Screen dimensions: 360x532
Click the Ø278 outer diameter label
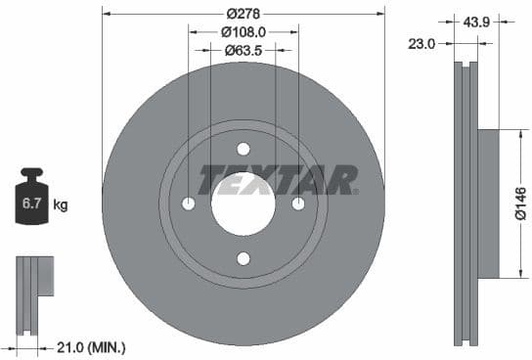[244, 14]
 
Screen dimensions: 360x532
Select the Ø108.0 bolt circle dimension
[244, 31]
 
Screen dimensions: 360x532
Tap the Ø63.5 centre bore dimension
[244, 50]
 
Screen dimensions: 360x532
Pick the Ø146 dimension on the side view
[520, 203]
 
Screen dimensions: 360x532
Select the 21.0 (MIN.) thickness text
[92, 347]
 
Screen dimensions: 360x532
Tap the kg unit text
[61, 205]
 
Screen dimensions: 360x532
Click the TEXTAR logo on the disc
[278, 179]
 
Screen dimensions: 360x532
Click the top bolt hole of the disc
[244, 149]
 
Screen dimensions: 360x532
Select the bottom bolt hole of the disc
[244, 258]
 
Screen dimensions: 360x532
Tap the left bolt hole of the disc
[189, 203]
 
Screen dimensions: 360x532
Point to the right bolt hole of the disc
[298, 203]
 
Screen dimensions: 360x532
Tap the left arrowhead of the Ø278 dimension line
[106, 14]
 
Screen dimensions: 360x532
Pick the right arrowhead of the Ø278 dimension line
[381, 14]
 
